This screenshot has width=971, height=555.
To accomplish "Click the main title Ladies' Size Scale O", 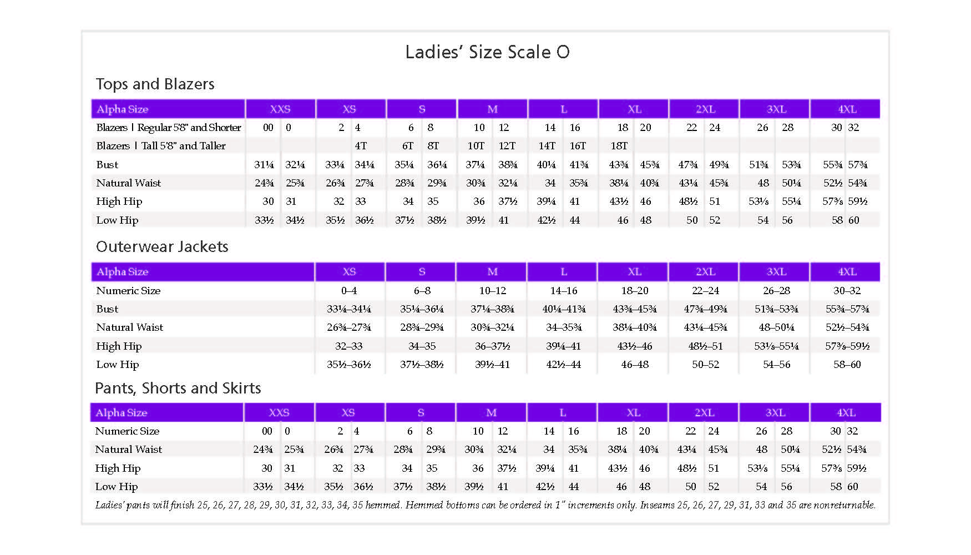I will (x=487, y=52).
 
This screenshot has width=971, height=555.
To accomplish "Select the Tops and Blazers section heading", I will (x=155, y=84).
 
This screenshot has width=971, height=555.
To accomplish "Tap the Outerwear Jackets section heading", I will (x=162, y=246).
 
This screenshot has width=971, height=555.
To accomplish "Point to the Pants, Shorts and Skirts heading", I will (x=178, y=388).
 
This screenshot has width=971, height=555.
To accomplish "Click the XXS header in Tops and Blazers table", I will (x=280, y=109).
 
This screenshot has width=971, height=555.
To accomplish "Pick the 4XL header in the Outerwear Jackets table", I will (x=847, y=271).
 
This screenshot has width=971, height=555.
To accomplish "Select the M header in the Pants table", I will (x=491, y=412).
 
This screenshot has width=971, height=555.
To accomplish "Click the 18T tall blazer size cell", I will (x=619, y=145).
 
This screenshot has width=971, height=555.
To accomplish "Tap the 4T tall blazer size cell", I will (x=361, y=145).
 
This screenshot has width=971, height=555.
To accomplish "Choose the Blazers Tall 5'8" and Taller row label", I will (x=161, y=145).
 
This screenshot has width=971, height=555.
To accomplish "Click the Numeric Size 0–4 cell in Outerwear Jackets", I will (x=348, y=290).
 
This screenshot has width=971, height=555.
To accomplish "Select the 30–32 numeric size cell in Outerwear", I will (x=847, y=290).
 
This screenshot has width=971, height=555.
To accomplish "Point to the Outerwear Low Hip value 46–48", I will (x=634, y=364).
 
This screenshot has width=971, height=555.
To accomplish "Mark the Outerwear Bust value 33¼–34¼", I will (x=348, y=309).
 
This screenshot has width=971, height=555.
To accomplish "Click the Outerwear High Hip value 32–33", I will (x=348, y=346).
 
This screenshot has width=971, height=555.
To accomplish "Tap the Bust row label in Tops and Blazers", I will (x=107, y=164).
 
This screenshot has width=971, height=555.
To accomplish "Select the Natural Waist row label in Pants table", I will (x=128, y=449).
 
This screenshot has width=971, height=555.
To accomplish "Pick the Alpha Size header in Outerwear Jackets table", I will (x=122, y=271).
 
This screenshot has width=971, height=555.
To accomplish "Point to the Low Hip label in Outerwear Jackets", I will (x=117, y=364).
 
